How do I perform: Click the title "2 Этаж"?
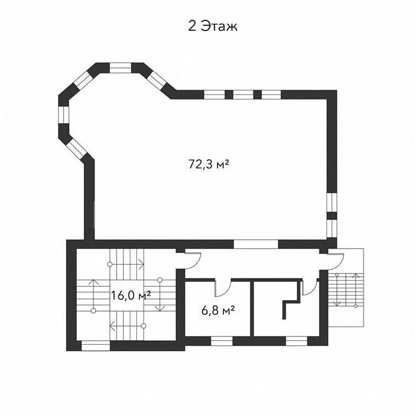point(213,27)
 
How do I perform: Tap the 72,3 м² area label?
point(208,164)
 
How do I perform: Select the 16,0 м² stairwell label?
point(130,295)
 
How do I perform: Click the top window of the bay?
point(120,67)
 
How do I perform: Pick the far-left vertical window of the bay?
point(64,114)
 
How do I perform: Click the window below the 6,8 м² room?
point(222,341)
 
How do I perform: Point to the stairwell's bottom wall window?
point(96,346)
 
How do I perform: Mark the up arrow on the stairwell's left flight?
point(93,295)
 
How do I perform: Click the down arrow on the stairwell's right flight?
point(160,295)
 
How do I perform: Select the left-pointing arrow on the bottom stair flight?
point(128,326)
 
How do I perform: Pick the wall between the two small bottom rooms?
point(252,309)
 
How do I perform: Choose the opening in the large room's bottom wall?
point(256,244)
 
